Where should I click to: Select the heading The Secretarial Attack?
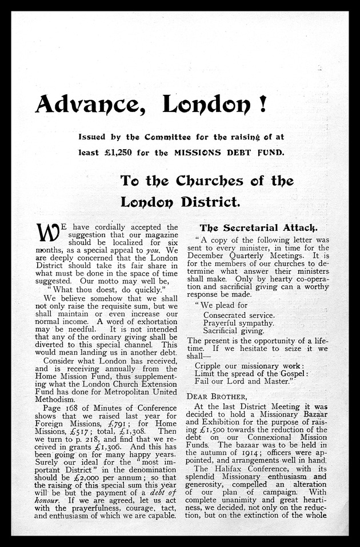[x=259, y=227]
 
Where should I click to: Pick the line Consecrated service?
[x=239, y=315]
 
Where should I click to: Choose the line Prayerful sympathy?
[x=239, y=323]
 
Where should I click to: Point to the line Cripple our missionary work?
[x=249, y=365]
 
